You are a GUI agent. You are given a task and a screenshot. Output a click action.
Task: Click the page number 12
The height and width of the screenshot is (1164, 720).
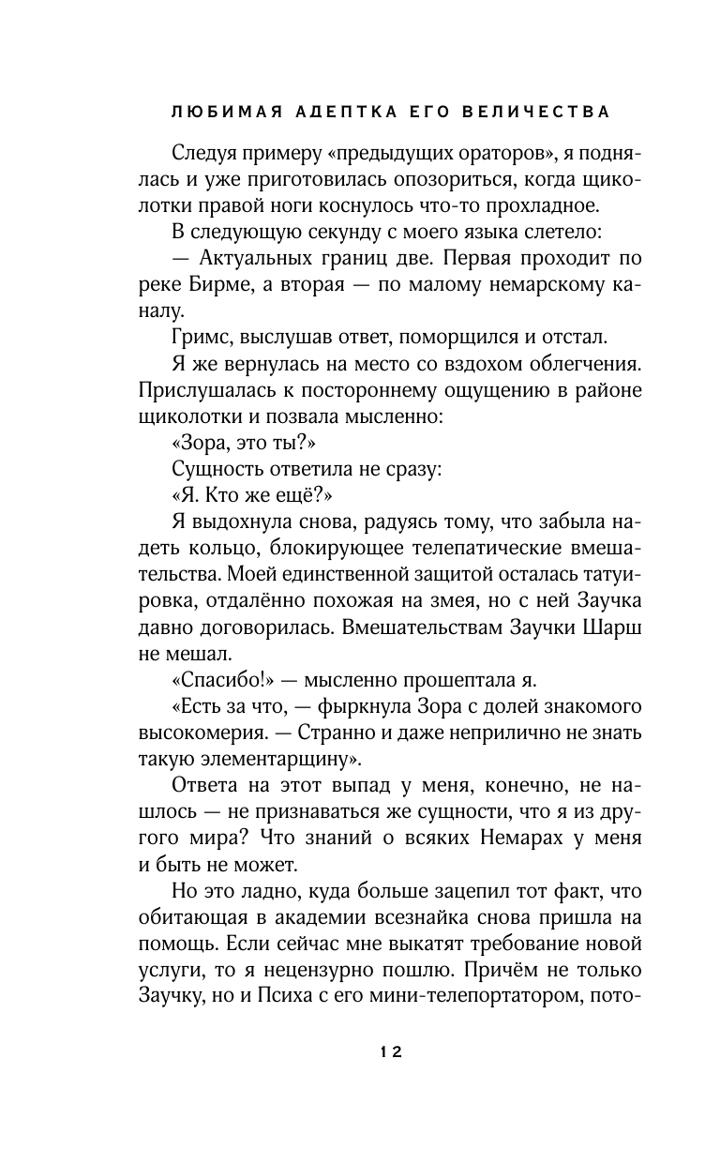[x=391, y=1053]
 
